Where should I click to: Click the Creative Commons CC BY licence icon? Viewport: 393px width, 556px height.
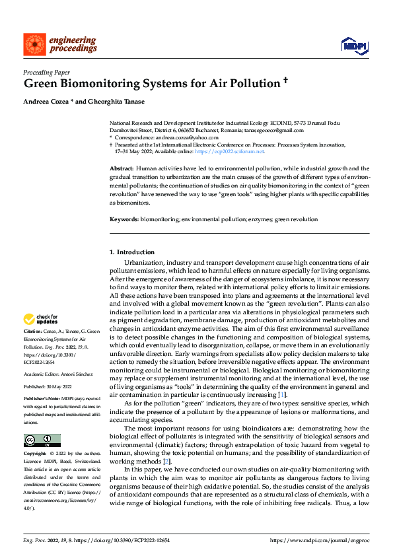point(42,440)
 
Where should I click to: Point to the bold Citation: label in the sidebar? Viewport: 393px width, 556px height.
point(33,330)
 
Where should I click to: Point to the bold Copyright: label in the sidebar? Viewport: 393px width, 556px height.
point(36,454)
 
